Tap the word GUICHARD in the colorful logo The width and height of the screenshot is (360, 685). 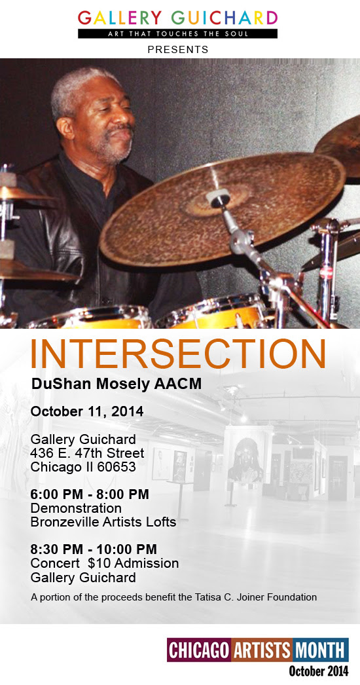225,18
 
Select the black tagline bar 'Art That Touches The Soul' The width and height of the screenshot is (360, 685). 178,33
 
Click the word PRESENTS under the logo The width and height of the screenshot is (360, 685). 178,50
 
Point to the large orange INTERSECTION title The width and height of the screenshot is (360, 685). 178,354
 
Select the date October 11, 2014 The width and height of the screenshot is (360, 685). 87,411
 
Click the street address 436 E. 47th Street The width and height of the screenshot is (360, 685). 87,453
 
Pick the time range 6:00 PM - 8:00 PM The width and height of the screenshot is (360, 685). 90,494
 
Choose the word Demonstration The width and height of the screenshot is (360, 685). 76,508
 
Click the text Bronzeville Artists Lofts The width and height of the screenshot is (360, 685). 103,522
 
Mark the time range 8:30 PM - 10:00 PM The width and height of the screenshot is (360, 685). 94,549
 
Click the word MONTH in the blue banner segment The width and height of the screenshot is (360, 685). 320,650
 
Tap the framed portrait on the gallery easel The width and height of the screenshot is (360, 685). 246,459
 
